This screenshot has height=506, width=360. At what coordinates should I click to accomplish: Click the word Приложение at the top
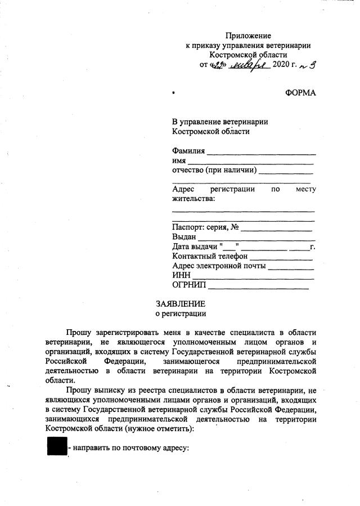tap(248, 35)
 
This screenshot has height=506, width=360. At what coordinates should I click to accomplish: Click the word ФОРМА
tap(300, 93)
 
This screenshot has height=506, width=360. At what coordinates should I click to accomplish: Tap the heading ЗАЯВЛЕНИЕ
tap(181, 303)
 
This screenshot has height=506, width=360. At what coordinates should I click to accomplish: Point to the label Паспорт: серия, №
tap(206, 227)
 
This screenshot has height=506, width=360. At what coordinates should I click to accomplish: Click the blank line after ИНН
tap(253, 278)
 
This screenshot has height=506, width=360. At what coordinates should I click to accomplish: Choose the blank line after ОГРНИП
tap(258, 288)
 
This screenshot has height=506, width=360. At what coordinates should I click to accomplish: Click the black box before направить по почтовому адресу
tap(57, 447)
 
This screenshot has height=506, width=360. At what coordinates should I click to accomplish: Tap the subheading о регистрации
tap(181, 314)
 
